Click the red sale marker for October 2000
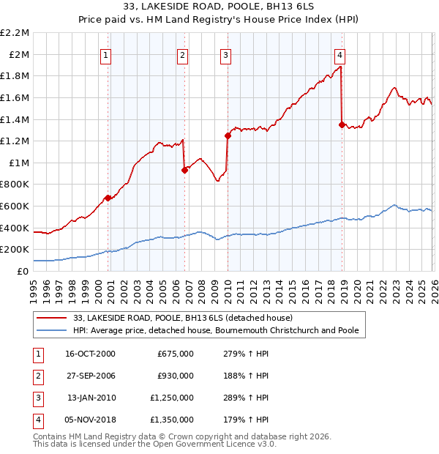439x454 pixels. [x=108, y=198]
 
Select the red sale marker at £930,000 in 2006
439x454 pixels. [x=184, y=170]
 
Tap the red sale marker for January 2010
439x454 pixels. [x=228, y=135]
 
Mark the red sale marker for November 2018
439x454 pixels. [x=342, y=124]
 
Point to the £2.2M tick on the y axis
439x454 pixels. [x=15, y=33]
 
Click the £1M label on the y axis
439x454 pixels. [x=19, y=163]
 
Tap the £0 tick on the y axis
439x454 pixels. [x=23, y=271]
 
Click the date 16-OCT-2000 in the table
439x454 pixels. [x=91, y=354]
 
